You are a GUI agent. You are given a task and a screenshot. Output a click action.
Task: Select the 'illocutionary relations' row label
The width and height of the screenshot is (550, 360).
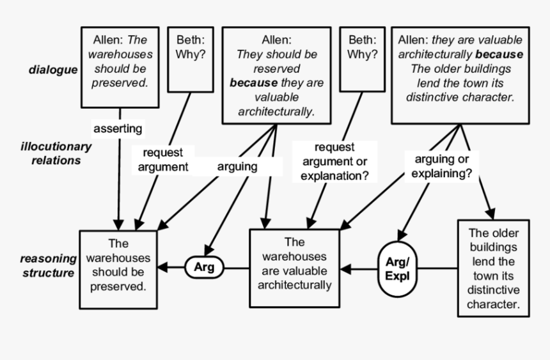click(55, 153)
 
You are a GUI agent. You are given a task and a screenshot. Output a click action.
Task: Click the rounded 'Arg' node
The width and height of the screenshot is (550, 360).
click(205, 267)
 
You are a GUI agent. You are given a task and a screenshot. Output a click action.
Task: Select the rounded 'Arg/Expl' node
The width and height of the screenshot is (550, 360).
click(397, 269)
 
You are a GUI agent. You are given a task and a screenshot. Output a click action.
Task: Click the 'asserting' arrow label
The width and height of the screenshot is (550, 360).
click(118, 129)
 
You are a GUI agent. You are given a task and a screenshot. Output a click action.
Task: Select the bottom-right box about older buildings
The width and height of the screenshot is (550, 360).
click(494, 269)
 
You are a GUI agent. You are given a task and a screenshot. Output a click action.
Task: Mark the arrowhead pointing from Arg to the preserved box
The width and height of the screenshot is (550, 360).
click(164, 267)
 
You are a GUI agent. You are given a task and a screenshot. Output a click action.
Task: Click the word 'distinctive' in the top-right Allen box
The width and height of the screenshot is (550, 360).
click(435, 97)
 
